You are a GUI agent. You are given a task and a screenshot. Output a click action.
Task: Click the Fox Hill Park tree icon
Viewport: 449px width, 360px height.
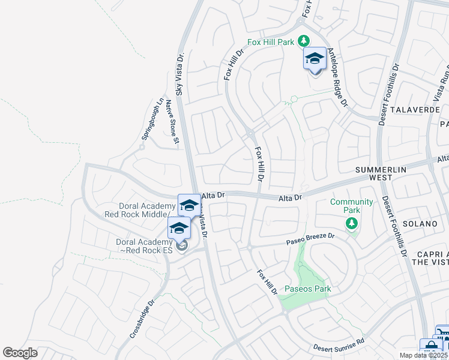(x=304, y=40)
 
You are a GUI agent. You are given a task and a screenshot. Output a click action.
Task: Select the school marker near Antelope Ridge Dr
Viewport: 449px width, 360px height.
(x=315, y=59)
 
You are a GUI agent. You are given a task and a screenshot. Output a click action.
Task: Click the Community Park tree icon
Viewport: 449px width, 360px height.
(x=352, y=224)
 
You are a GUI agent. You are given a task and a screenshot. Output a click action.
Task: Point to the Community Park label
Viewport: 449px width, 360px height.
(x=351, y=206)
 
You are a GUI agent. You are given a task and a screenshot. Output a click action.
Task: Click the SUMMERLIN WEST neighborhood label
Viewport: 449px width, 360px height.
(x=381, y=174)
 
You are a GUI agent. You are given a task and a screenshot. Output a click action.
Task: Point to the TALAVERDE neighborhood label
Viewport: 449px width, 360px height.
(x=415, y=110)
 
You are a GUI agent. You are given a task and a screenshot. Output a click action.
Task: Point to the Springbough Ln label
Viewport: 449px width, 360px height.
(x=152, y=119)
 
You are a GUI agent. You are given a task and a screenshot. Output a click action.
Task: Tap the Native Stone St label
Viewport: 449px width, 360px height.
(x=172, y=123)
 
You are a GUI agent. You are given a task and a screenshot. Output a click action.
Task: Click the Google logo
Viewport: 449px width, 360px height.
(x=20, y=352)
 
